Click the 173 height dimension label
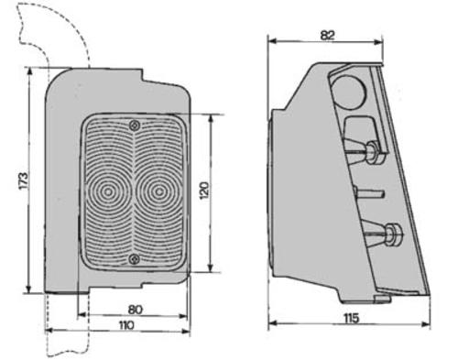click(24, 180)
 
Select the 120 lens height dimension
click(204, 191)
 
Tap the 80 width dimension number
click(136, 310)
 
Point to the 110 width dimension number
click(126, 325)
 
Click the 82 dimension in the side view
click(328, 36)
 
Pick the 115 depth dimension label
click(351, 318)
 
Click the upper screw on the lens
click(135, 125)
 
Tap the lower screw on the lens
click(134, 259)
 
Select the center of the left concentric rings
click(107, 191)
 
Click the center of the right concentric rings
click(158, 191)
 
